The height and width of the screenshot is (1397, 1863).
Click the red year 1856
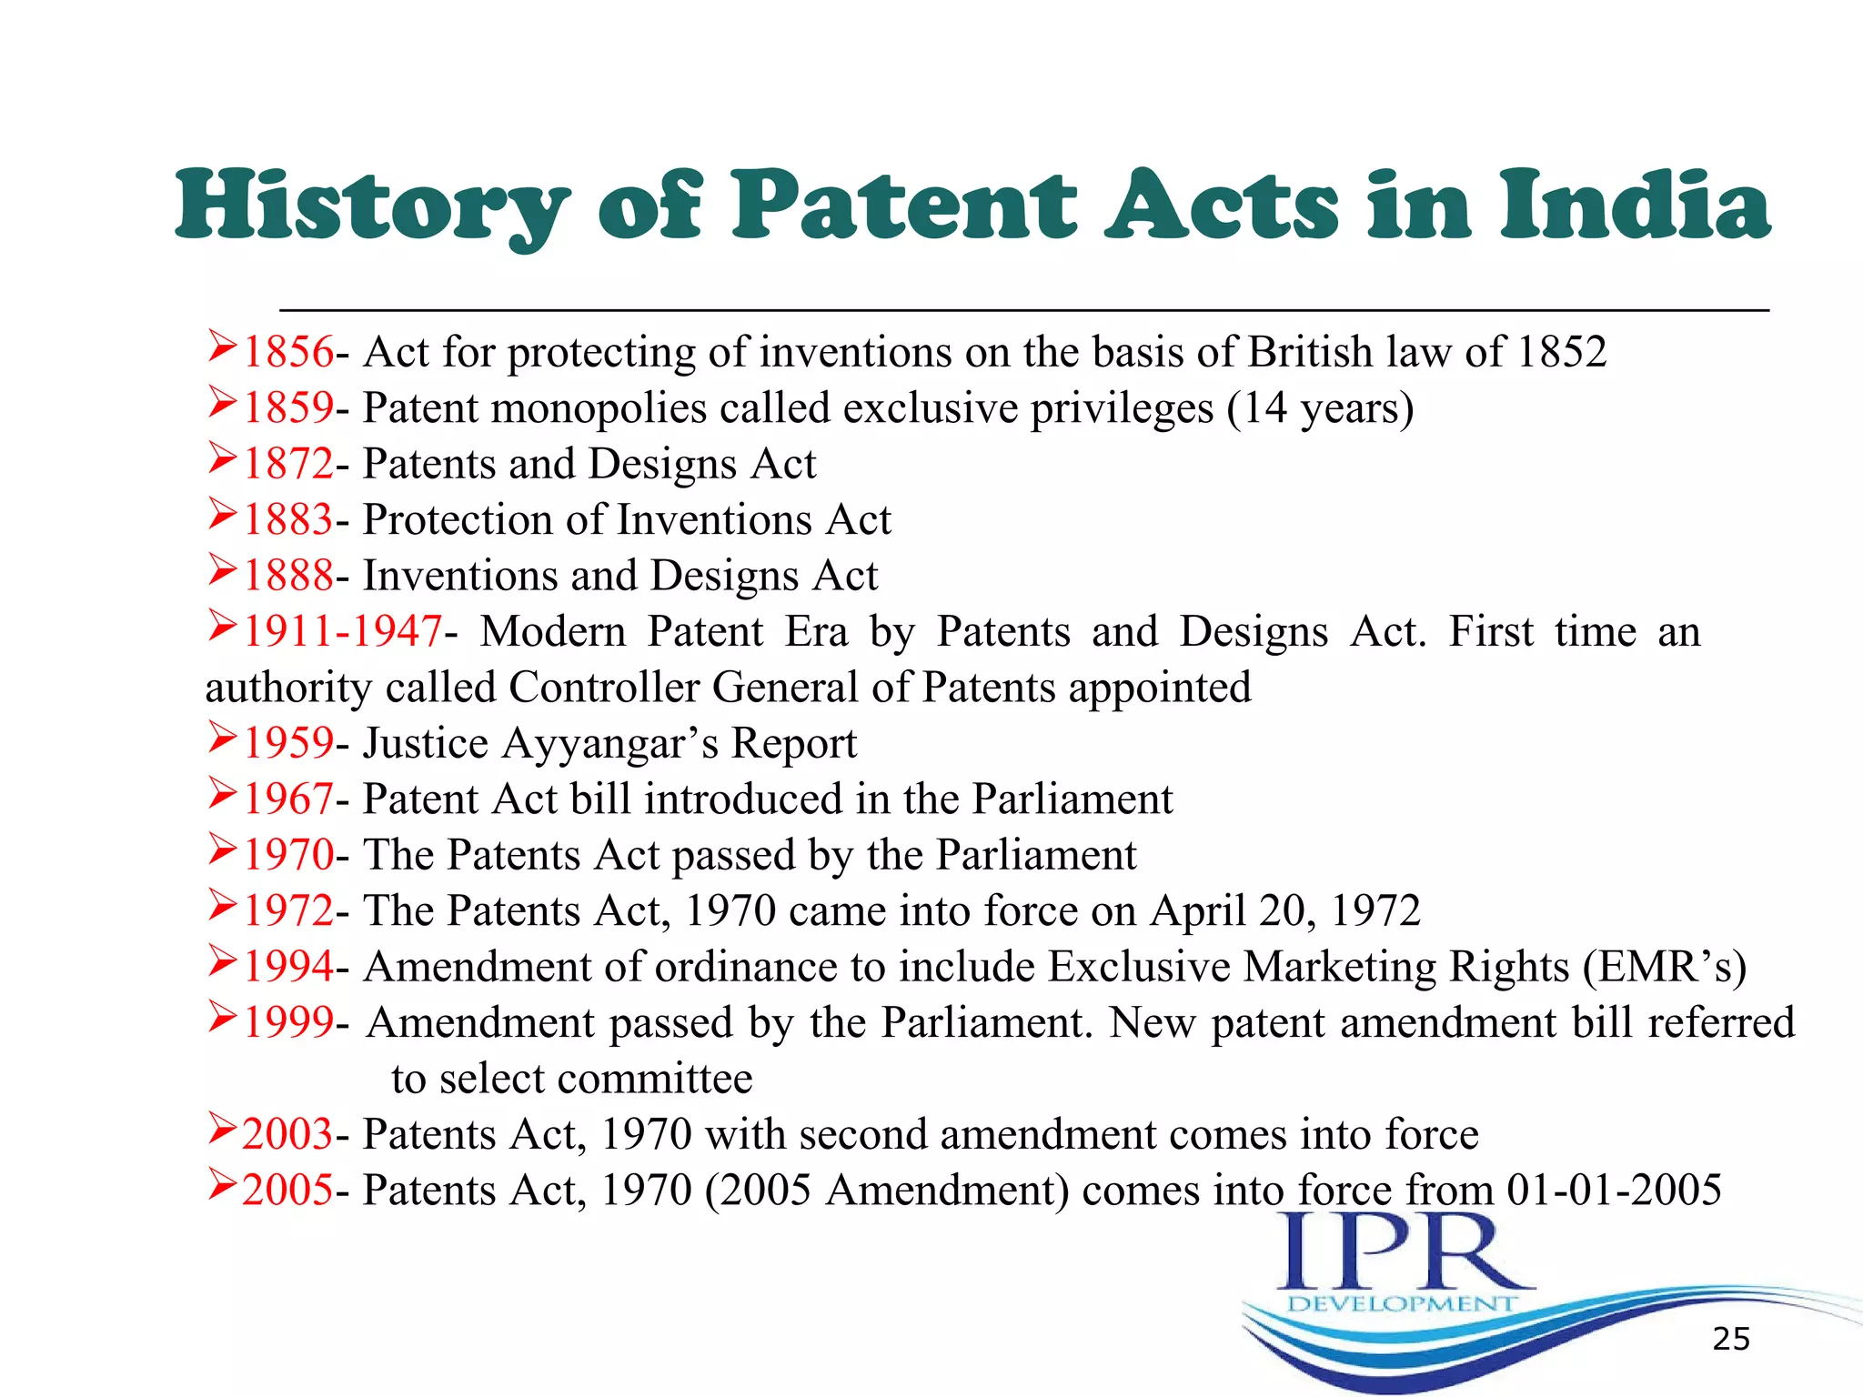point(288,352)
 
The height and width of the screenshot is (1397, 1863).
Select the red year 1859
point(288,407)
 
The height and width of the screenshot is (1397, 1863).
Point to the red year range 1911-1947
point(342,631)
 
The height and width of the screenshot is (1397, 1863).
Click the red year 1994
point(288,966)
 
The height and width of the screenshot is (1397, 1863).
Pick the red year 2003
point(287,1134)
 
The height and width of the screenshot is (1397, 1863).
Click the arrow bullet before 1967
point(222,794)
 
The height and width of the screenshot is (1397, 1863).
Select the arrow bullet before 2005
point(222,1185)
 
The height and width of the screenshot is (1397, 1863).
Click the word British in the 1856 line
point(1310,352)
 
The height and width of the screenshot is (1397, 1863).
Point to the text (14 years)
point(1320,408)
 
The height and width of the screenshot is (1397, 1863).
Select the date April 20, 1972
point(1284,910)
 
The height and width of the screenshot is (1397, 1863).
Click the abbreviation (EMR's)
point(1664,967)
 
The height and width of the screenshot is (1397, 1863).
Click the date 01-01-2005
point(1614,1190)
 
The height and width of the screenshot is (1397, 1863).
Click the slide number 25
point(1730,1339)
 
